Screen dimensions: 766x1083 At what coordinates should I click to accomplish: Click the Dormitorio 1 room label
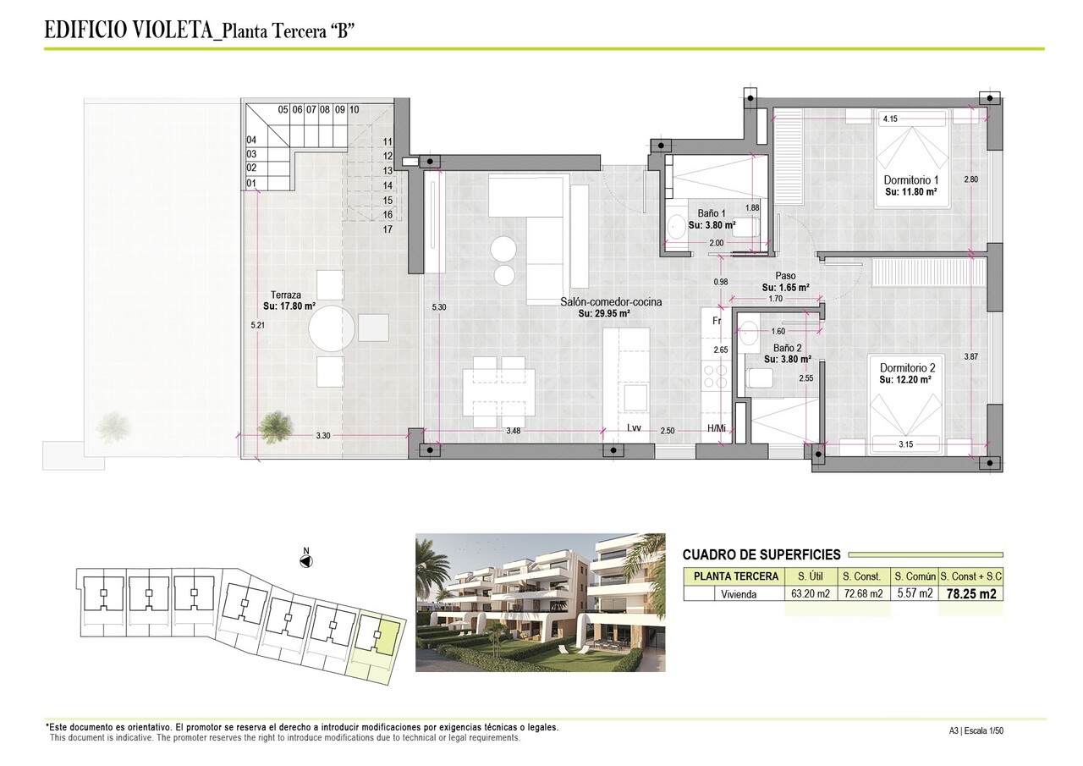point(911,180)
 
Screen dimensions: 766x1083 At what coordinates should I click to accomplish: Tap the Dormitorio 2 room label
point(907,368)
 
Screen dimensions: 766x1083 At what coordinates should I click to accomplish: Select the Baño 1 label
point(712,213)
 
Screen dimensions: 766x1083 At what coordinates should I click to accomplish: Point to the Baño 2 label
point(787,348)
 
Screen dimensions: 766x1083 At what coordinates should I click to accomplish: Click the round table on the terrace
point(331,328)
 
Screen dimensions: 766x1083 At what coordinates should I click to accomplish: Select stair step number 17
point(388,229)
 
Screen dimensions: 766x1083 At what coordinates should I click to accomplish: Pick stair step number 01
point(250,183)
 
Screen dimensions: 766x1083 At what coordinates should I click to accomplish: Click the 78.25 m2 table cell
point(970,593)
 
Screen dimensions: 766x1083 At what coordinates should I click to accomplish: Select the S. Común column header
point(915,576)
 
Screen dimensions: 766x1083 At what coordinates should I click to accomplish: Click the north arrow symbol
point(307,559)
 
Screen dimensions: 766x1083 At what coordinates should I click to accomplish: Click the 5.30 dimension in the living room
point(438,307)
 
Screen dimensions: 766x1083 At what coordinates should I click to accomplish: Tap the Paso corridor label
point(786,276)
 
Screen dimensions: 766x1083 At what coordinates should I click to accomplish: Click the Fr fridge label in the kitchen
point(716,321)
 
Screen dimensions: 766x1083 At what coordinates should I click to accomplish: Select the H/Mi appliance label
point(717,430)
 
